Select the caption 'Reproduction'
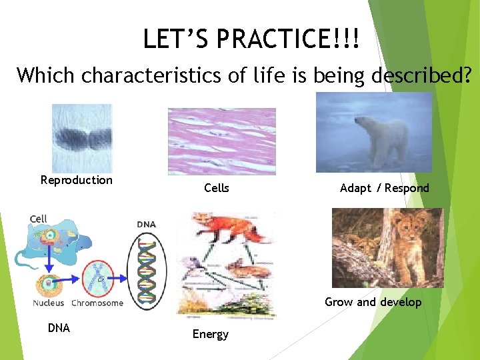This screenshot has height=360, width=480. (77, 180)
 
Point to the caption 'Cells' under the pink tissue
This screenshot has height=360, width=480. (217, 188)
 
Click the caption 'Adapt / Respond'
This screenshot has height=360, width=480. (385, 188)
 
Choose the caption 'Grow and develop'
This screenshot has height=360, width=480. (373, 302)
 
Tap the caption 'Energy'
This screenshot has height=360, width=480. (211, 334)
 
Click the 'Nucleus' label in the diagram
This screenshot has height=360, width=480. (49, 303)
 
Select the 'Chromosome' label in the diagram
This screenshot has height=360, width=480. (97, 303)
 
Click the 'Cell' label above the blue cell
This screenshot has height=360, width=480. (39, 219)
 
